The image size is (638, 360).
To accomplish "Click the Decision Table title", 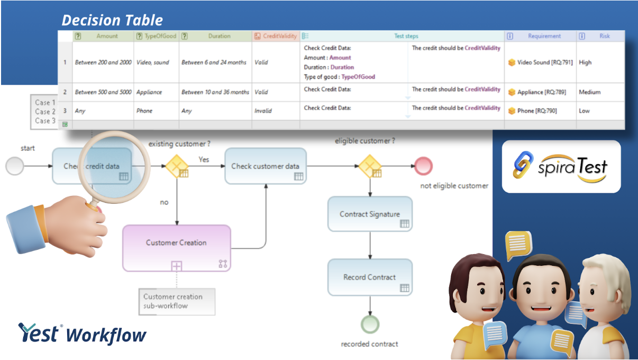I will pos(112,20).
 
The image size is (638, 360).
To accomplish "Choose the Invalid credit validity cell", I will pos(263,111).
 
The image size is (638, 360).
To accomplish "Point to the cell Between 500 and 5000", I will pos(103,92).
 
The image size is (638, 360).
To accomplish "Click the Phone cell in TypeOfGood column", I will pos(144,111).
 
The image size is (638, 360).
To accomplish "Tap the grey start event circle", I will pos(15,166).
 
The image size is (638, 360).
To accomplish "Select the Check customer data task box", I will pos(265,166).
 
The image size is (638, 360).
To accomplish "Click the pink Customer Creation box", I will pos(177,248).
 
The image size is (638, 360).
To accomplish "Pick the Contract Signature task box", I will pos(370,214).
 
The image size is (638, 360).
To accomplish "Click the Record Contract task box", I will pos(370,277).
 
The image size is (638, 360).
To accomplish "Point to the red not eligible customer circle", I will pos(423,166).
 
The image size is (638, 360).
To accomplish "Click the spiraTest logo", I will pos(561,166).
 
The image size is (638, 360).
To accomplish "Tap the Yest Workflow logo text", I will pos(82,334).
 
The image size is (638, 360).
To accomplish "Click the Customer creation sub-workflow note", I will pos(177,301).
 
